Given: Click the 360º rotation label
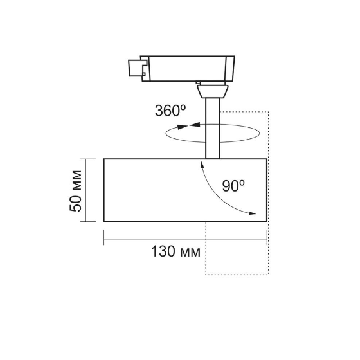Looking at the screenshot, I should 170,110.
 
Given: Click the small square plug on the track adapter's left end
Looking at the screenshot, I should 134,66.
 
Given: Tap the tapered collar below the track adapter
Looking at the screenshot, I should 212,91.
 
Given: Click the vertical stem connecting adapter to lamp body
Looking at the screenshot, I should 212,129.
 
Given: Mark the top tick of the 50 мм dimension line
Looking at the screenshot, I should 84,157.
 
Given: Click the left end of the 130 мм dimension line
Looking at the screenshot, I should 104,242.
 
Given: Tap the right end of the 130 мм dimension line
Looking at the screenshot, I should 266,242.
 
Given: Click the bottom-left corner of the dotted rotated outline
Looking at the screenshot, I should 206,274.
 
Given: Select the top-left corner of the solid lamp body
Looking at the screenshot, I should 104,157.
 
